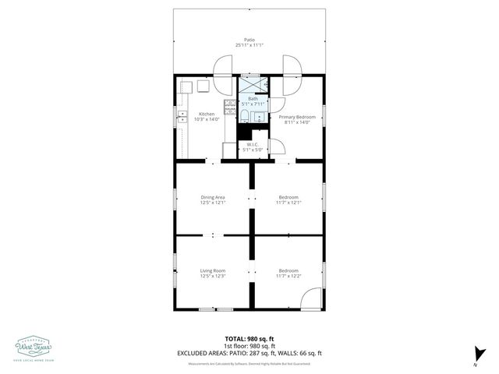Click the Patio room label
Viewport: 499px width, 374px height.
tap(249, 39)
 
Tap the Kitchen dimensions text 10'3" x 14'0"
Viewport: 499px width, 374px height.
tap(207, 119)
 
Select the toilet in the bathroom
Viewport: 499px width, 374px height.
tap(243, 117)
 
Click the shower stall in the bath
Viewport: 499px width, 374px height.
tap(252, 83)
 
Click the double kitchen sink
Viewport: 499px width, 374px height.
tap(182, 117)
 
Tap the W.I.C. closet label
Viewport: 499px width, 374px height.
tap(253, 143)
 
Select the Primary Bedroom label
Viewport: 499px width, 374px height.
tap(296, 116)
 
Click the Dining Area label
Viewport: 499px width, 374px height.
tap(213, 197)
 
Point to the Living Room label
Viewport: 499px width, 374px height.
tap(212, 270)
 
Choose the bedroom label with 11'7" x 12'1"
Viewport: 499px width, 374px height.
tap(288, 197)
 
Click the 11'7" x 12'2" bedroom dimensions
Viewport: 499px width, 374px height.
tap(288, 276)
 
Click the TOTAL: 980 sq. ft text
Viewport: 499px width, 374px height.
tap(249, 338)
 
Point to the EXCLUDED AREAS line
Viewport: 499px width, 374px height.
tap(249, 353)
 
